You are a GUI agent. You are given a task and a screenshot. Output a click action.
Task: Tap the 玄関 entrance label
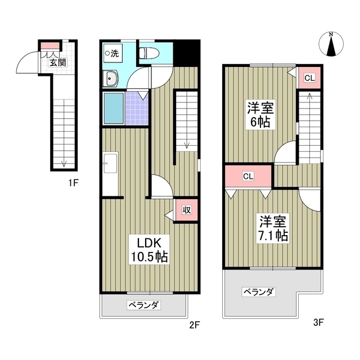click(x=57, y=62)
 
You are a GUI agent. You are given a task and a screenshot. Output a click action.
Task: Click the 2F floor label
click(x=194, y=325)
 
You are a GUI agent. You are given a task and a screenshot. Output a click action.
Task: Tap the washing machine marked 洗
click(x=112, y=54)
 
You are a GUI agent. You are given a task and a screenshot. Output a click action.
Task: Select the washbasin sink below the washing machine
click(x=110, y=79)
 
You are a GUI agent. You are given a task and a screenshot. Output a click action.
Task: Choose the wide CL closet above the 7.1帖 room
click(x=248, y=176)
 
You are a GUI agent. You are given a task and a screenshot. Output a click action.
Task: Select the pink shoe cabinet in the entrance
click(x=49, y=46)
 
